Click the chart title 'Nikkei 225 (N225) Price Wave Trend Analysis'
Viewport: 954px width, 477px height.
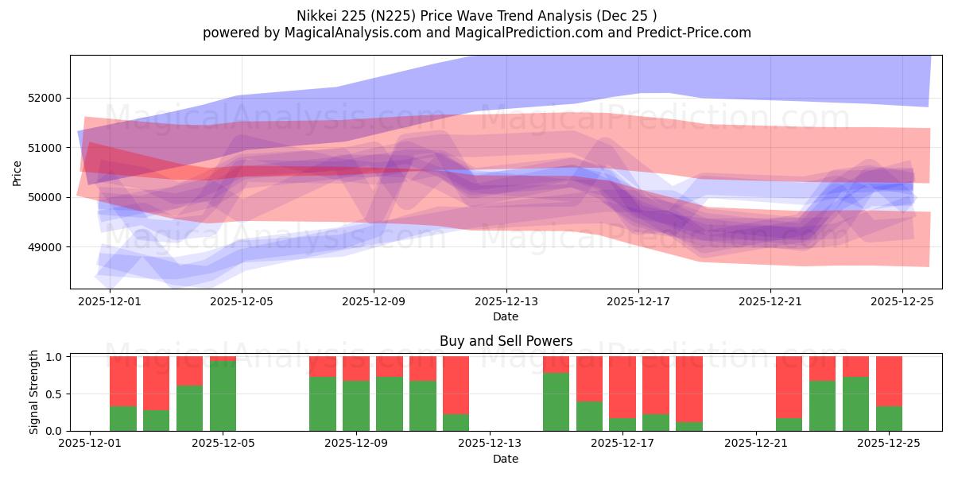coord(477,15)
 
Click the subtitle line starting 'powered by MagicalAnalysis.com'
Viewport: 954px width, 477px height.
coord(477,33)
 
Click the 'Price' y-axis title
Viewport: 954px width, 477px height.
coord(17,173)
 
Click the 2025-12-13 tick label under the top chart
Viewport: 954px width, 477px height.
coord(506,302)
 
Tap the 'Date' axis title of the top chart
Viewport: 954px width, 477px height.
coord(506,316)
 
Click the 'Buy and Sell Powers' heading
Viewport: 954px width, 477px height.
coord(506,341)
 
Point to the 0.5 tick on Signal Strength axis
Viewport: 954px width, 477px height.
coord(55,394)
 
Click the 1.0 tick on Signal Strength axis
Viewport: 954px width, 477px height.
coord(55,357)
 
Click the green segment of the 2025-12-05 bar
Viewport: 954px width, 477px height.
coord(223,396)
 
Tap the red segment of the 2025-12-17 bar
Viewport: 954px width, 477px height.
coord(622,386)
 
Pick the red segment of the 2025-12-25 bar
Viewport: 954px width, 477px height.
coord(889,381)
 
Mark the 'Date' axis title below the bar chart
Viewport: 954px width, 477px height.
coord(506,459)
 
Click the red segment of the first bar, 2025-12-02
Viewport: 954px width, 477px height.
coord(123,381)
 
